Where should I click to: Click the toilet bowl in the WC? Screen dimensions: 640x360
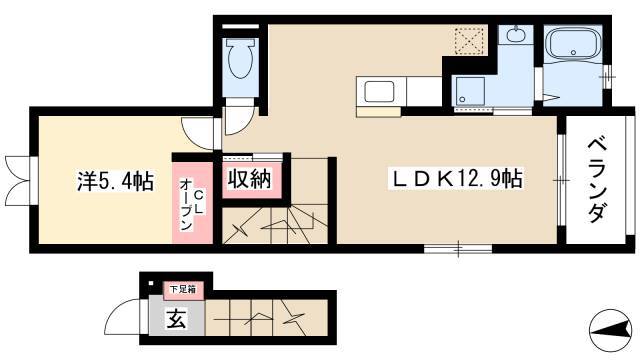[x=240, y=58]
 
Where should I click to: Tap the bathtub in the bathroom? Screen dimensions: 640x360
[x=573, y=44]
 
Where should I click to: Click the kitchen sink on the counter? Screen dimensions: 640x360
[x=379, y=91]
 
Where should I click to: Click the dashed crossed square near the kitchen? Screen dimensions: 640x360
[x=469, y=41]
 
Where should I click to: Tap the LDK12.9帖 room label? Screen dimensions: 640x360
[x=455, y=179]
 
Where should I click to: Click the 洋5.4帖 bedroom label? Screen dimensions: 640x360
[x=116, y=181]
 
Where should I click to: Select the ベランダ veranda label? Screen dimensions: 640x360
[x=596, y=180]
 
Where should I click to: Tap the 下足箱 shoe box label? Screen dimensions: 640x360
[x=183, y=289]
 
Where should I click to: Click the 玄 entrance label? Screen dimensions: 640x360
[x=176, y=318]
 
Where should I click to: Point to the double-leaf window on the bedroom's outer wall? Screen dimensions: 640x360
[x=19, y=180]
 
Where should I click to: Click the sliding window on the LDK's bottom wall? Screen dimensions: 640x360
[x=458, y=248]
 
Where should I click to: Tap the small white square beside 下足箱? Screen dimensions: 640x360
[x=151, y=283]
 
